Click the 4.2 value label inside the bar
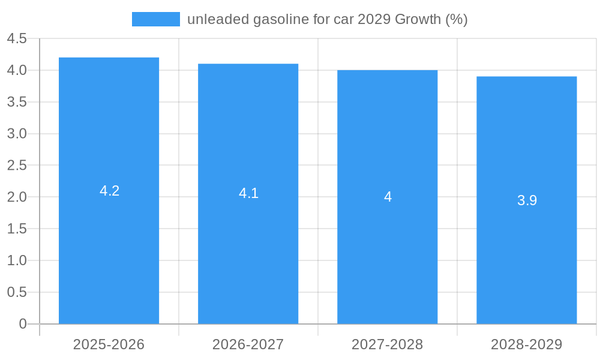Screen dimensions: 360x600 (x=109, y=191)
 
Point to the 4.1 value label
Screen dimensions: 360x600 (x=248, y=193)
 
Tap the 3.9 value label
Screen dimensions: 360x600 (x=527, y=200)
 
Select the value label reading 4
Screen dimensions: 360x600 (x=388, y=197)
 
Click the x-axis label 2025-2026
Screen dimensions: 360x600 (x=109, y=344)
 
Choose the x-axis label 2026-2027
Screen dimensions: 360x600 (x=248, y=344)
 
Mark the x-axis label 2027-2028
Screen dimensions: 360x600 (x=387, y=344)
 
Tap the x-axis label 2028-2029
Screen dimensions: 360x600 (x=526, y=344)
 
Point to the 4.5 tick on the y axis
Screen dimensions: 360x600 (x=17, y=39)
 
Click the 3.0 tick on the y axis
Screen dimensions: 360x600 (x=17, y=134)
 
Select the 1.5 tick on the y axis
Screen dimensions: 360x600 (x=17, y=229)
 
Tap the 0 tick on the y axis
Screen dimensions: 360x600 (x=23, y=324)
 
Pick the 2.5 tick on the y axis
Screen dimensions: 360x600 (x=17, y=166)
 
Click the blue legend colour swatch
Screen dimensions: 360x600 (x=155, y=19)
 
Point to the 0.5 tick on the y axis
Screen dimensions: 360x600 (x=17, y=292)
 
